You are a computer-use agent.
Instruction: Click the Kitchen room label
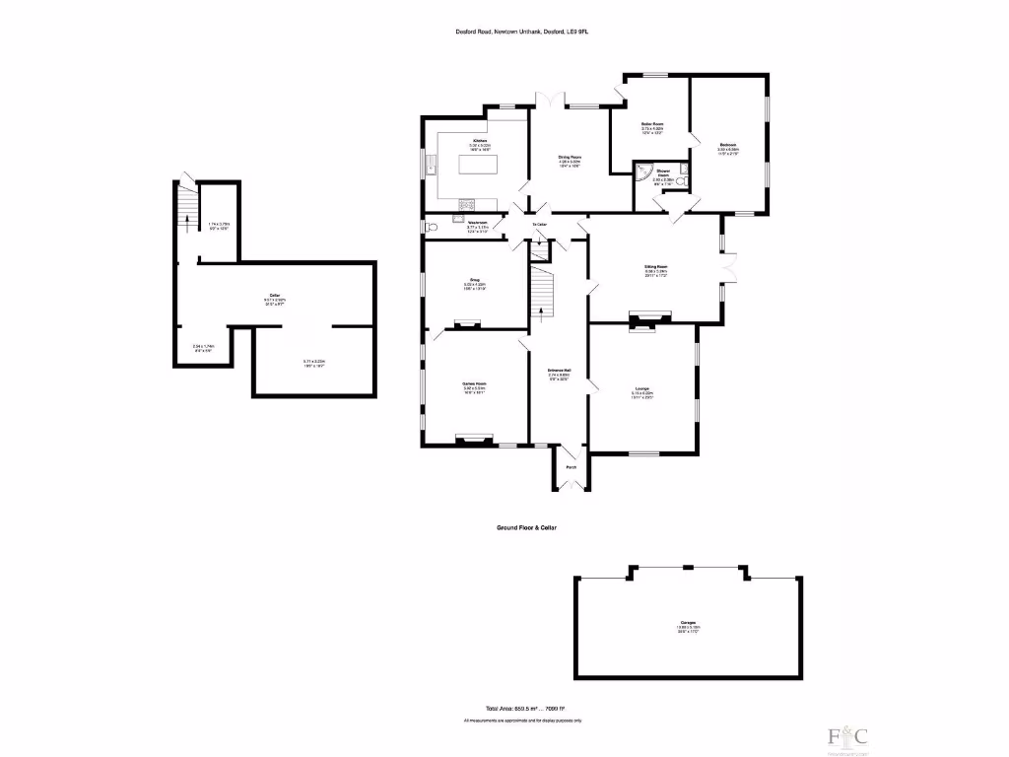pyautogui.click(x=480, y=142)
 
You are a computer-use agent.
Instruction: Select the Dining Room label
pyautogui.click(x=570, y=158)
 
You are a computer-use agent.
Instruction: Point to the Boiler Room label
pyautogui.click(x=651, y=124)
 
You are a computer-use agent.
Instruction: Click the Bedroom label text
pyautogui.click(x=728, y=146)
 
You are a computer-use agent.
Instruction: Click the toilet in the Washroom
pyautogui.click(x=429, y=227)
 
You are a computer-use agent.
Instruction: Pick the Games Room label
pyautogui.click(x=475, y=383)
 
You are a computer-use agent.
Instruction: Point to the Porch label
pyautogui.click(x=570, y=467)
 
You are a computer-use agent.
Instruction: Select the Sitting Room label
pyautogui.click(x=656, y=266)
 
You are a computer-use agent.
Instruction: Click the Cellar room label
pyautogui.click(x=276, y=295)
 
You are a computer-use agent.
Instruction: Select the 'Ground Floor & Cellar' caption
pyautogui.click(x=532, y=528)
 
